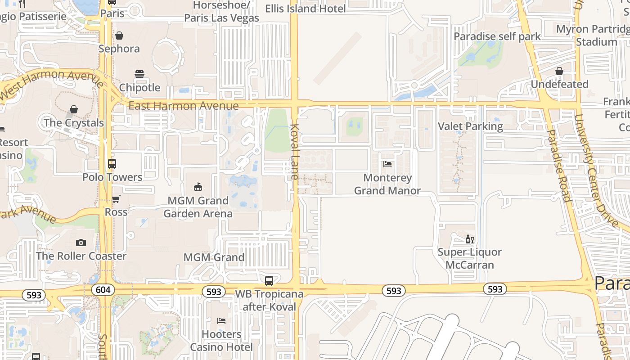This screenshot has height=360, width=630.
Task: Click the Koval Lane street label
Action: pyautogui.click(x=295, y=152)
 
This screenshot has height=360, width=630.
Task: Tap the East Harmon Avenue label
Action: pyautogui.click(x=183, y=106)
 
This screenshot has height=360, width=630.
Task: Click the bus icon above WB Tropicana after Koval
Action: pyautogui.click(x=269, y=281)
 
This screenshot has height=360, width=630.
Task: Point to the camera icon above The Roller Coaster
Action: pyautogui.click(x=81, y=243)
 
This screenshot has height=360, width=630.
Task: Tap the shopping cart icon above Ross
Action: pyautogui.click(x=116, y=199)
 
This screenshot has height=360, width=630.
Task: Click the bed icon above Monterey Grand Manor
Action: pyautogui.click(x=387, y=164)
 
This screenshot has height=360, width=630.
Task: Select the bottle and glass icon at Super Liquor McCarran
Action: pyautogui.click(x=470, y=239)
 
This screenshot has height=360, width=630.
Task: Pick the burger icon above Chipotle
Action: pyautogui.click(x=139, y=74)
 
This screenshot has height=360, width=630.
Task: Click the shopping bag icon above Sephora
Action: pyautogui.click(x=119, y=36)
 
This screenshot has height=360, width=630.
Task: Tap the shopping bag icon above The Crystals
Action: pyautogui.click(x=74, y=109)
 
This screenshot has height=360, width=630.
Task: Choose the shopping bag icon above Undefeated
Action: pyautogui.click(x=559, y=71)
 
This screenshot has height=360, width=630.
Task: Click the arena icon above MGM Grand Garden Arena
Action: pyautogui.click(x=198, y=187)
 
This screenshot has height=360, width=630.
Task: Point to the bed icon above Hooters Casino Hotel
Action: pyautogui.click(x=221, y=321)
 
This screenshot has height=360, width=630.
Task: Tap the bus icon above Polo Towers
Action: pyautogui.click(x=112, y=164)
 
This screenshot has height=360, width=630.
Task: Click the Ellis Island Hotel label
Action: pyautogui.click(x=306, y=9)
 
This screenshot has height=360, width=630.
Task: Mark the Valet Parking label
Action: pyautogui.click(x=470, y=126)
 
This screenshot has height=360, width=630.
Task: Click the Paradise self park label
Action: pyautogui.click(x=497, y=36)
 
